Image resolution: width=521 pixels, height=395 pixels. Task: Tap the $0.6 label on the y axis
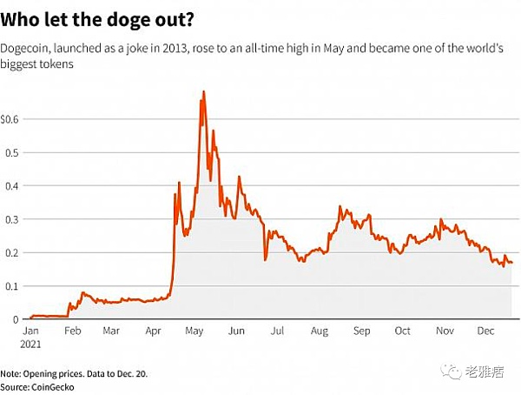click(x=10, y=117)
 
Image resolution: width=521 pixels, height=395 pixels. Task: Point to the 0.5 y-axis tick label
click(x=12, y=151)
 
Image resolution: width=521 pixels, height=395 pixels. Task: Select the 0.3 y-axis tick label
click(x=12, y=218)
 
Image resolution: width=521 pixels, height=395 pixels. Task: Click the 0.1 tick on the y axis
click(x=12, y=285)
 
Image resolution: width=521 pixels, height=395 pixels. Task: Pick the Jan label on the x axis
click(x=30, y=331)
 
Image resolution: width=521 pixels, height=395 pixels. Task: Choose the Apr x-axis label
click(x=154, y=331)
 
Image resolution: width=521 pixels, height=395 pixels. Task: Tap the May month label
click(x=195, y=331)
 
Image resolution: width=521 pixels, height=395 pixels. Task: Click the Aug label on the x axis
click(x=320, y=331)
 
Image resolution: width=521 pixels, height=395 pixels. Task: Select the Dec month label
click(x=485, y=331)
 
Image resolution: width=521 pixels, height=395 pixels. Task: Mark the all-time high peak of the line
click(x=203, y=91)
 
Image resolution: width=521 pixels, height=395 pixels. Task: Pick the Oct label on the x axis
click(x=402, y=331)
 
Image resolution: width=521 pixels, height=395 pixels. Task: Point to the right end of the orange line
click(x=511, y=262)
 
